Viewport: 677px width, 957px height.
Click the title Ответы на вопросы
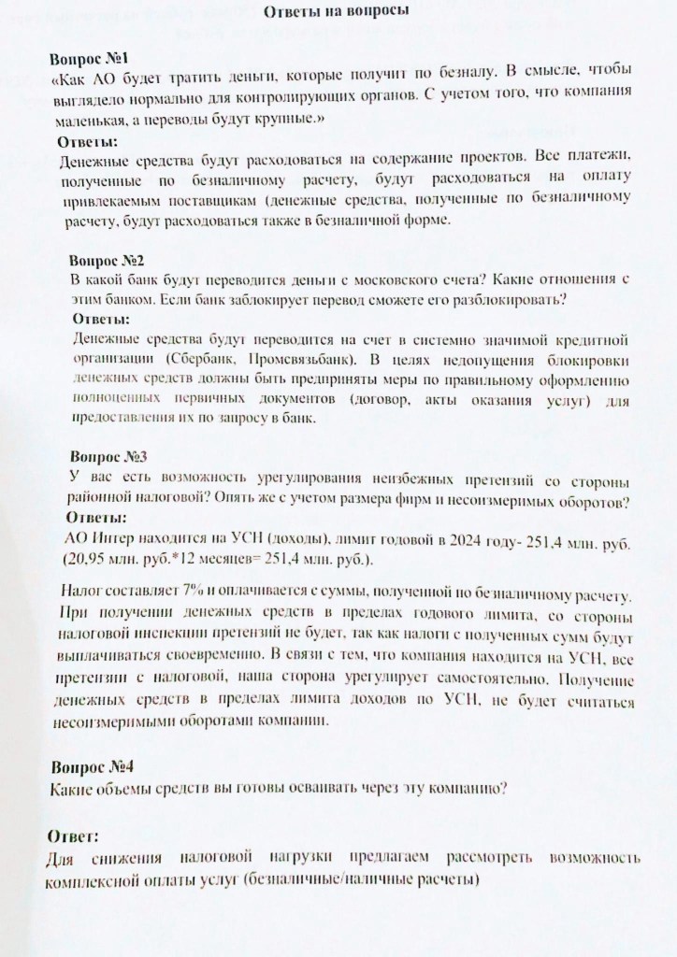tap(338, 11)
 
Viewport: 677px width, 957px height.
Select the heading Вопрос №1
tap(94, 57)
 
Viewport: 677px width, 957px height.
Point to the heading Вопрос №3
tap(109, 457)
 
